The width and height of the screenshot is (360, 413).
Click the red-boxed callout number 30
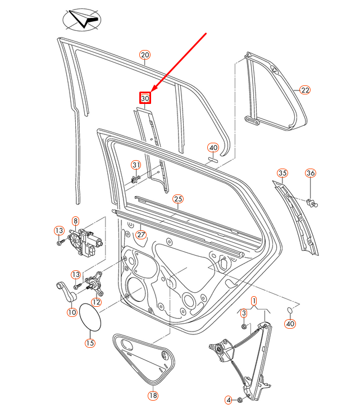(x=145, y=98)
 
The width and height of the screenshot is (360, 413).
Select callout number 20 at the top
(x=145, y=55)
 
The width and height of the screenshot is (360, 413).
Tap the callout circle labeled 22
(x=304, y=90)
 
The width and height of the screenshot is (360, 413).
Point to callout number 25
(x=178, y=199)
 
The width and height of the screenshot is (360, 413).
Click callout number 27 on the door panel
(x=141, y=235)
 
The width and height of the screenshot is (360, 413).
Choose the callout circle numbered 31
(x=136, y=165)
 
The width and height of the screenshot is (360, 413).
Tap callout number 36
(x=311, y=173)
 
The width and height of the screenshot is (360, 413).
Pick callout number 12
(x=96, y=302)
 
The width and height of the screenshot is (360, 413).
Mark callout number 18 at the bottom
(x=153, y=396)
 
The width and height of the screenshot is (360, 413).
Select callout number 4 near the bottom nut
(x=229, y=400)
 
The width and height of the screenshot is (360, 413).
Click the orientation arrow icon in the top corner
(x=82, y=21)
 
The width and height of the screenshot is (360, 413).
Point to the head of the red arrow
(x=152, y=89)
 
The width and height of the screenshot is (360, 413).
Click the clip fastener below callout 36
(x=312, y=203)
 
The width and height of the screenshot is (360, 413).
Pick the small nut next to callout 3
(x=244, y=325)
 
